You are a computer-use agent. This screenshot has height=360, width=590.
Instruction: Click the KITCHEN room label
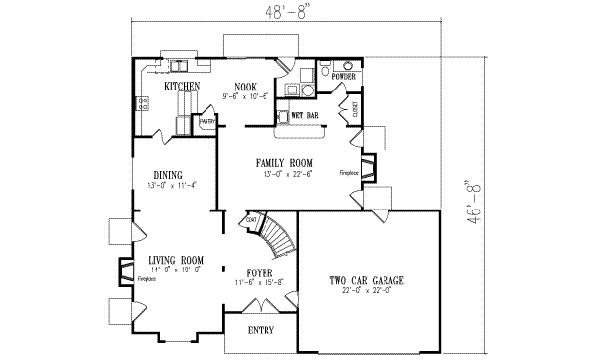coord(182,87)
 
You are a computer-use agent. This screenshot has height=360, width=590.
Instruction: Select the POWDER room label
coord(343,76)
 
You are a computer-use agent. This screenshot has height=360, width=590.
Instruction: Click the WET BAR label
coord(306,116)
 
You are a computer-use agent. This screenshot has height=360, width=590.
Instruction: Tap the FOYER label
coord(259,271)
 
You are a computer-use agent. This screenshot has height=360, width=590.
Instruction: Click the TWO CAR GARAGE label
coord(367,281)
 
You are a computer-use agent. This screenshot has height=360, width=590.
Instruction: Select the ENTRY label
coord(261,330)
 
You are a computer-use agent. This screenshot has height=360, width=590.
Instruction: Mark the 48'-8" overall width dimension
coord(294,11)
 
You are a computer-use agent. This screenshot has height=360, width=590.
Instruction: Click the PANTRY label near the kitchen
coord(207,121)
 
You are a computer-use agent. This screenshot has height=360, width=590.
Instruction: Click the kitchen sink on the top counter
coord(180,67)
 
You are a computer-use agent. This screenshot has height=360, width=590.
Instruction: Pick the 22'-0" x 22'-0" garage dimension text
coord(366,292)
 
